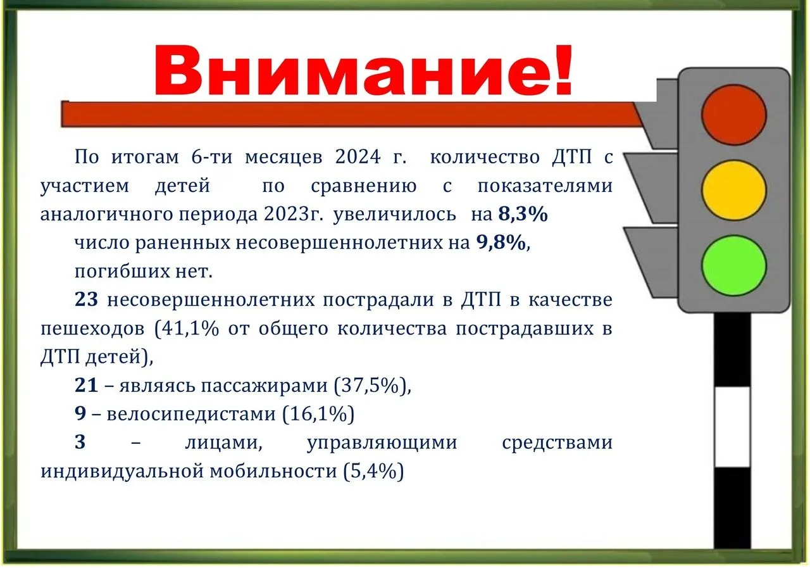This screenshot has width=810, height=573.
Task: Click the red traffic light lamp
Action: (x=733, y=115)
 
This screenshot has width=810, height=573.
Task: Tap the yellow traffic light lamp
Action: (x=733, y=191)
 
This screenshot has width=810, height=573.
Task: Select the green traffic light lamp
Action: (x=733, y=265)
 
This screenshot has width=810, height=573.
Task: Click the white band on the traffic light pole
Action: (x=732, y=427)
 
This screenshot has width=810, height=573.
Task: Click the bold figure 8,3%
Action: (x=523, y=214)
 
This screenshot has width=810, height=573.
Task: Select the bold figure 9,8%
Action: (x=501, y=242)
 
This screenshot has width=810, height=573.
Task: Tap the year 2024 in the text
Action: (x=358, y=157)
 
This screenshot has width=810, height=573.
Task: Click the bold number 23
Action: (x=86, y=299)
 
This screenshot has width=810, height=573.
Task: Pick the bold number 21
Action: (x=86, y=385)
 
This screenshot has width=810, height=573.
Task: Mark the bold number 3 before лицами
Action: (x=80, y=442)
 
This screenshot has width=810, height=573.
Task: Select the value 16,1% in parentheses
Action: (x=318, y=414)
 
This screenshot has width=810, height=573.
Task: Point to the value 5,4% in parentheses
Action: (x=373, y=471)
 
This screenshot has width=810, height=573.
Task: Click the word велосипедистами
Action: (x=191, y=414)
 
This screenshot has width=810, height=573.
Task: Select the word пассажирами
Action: (x=265, y=386)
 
